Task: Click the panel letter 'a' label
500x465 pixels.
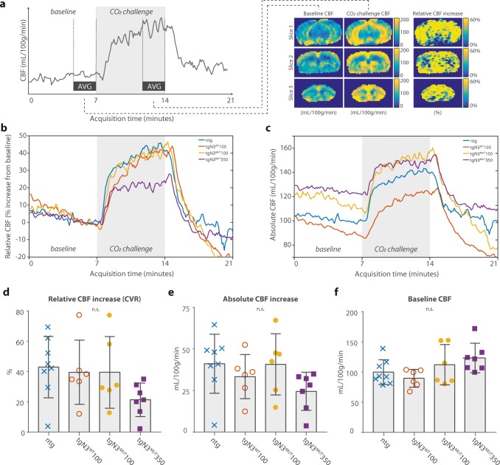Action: pos(4,4)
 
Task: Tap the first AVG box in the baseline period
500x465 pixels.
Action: pos(85,86)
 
